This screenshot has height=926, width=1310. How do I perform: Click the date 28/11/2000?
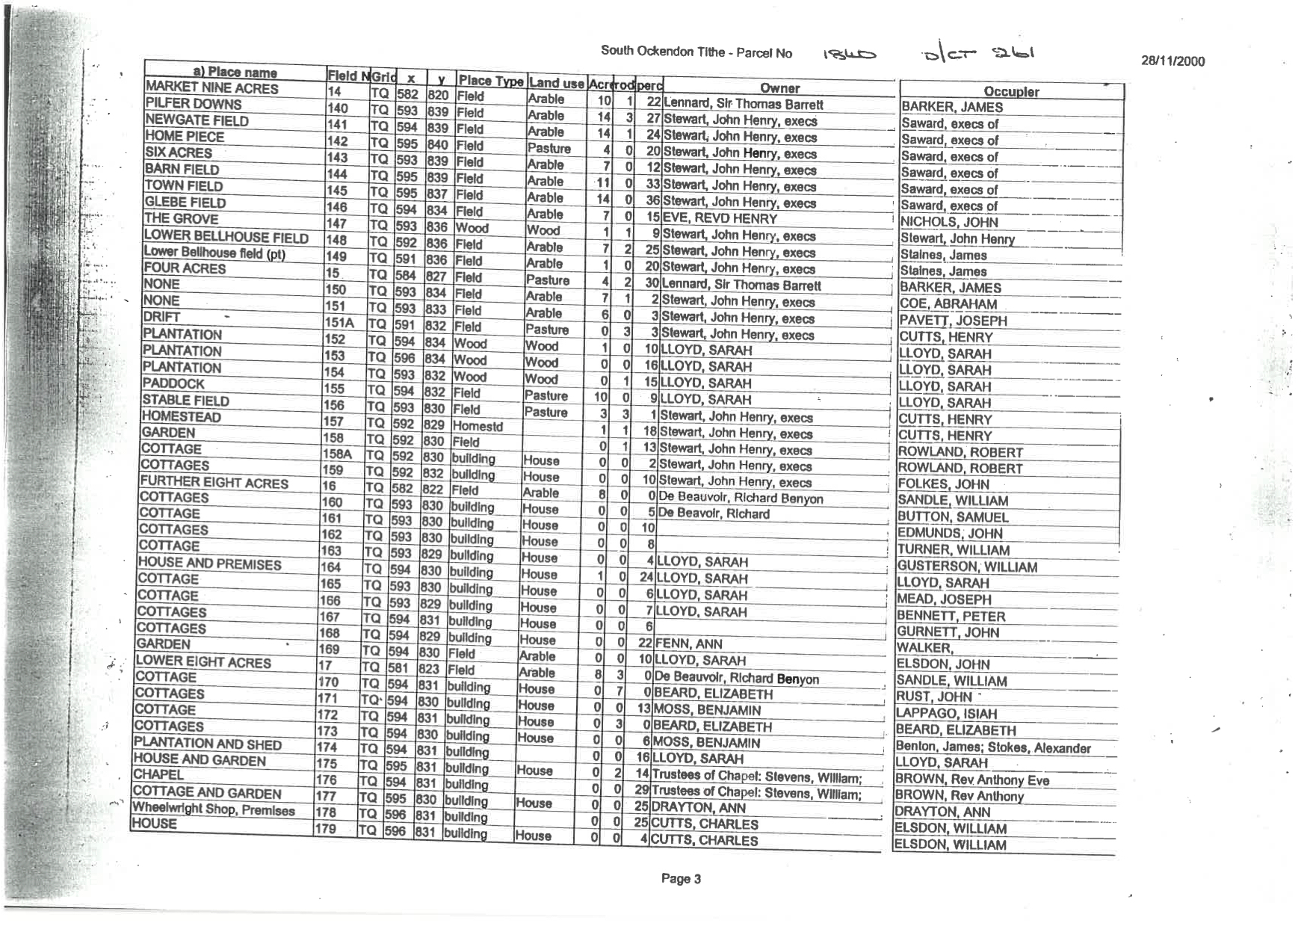pos(1172,62)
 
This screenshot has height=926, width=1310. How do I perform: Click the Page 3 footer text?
pos(680,879)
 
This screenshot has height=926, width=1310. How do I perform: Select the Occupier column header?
pos(1011,92)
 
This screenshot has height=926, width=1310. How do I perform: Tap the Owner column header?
pos(779,88)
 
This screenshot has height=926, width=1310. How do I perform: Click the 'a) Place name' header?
pos(235,72)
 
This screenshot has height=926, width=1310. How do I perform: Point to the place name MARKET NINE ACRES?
pos(211,88)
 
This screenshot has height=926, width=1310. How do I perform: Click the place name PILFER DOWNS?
pos(194,104)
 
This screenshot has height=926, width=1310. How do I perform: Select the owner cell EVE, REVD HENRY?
pos(711,219)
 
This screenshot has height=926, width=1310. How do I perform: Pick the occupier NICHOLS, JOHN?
pos(948,222)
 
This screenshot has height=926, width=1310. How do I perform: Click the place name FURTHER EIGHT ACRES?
pos(214,482)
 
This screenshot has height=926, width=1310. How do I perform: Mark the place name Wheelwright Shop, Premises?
pos(214,809)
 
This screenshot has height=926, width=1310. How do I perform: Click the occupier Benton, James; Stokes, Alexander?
pos(993,747)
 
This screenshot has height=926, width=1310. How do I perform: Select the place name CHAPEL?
pos(158,774)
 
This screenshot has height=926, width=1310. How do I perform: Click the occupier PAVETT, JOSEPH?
pos(953,321)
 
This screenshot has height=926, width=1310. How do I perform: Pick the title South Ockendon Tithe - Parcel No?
pos(696,52)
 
